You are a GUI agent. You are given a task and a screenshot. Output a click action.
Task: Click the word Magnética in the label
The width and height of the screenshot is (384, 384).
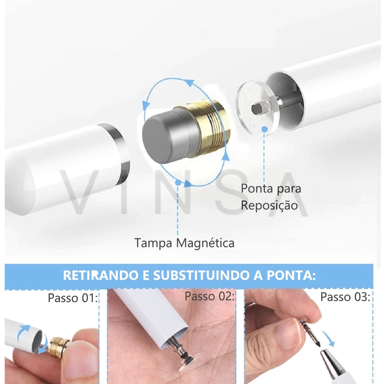pyautogui.click(x=205, y=243)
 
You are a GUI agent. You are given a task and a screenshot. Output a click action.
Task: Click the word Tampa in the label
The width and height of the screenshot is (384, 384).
pyautogui.click(x=153, y=243)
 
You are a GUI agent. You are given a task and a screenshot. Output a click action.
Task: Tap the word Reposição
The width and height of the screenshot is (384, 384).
pyautogui.click(x=269, y=205)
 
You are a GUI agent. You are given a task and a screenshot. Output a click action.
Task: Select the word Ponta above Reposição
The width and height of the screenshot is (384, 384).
pyautogui.click(x=257, y=189)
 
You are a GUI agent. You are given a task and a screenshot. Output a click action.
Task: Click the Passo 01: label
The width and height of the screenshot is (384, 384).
pyautogui.click(x=73, y=298)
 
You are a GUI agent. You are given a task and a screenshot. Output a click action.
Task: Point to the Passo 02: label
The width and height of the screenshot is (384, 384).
pyautogui.click(x=209, y=296)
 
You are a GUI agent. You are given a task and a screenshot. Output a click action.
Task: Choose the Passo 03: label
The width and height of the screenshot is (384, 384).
pyautogui.click(x=345, y=297)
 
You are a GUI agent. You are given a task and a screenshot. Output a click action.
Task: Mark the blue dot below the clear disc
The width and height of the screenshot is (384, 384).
pyautogui.click(x=264, y=129)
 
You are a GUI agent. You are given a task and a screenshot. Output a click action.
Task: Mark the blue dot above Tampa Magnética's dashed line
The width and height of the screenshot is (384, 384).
pyautogui.click(x=178, y=183)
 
